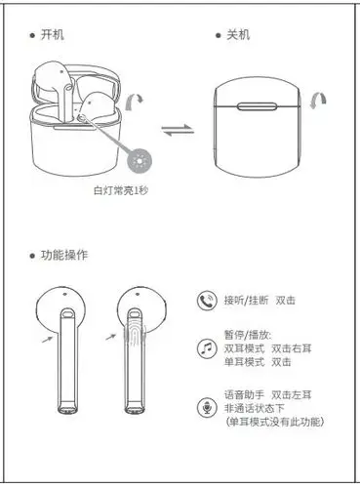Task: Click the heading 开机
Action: click(53, 34)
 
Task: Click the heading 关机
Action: click(237, 34)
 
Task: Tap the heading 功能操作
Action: click(63, 255)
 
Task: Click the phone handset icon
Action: click(206, 302)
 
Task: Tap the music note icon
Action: click(206, 348)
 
